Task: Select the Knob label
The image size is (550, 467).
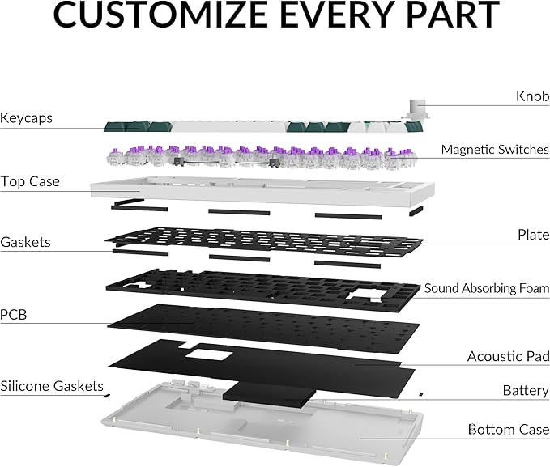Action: pos(532,96)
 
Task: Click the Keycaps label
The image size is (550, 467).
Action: pos(26,118)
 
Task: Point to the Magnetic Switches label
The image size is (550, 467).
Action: pos(495,150)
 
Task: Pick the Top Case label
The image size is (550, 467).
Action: pos(30,181)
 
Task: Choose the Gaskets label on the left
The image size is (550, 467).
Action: pos(25,242)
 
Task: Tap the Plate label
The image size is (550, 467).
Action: pos(534,235)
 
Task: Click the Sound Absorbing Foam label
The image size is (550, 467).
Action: pos(487,288)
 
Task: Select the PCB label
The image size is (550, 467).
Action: pos(13,315)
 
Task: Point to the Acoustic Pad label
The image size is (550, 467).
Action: pos(508,356)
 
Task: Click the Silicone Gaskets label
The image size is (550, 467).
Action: pos(52,386)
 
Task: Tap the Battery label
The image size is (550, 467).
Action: pos(526,390)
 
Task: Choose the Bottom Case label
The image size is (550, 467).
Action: pos(509,429)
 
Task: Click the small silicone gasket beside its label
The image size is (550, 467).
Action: pos(107,396)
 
